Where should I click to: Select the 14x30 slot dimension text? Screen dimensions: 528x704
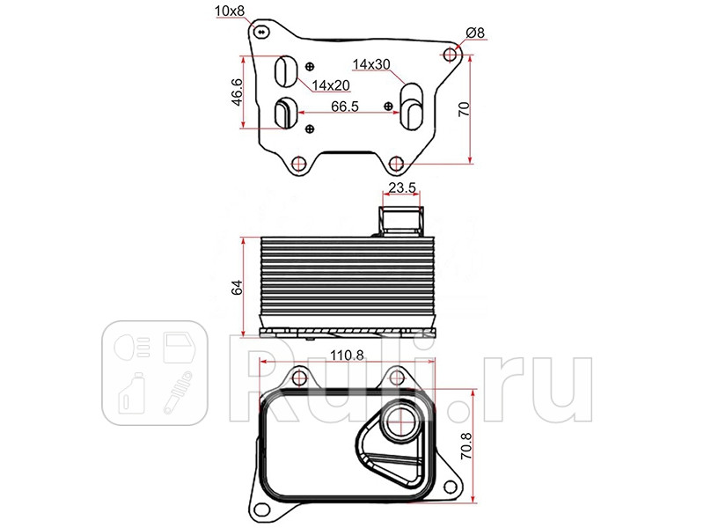pos(370,64)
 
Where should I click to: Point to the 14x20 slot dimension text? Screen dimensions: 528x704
pos(331,85)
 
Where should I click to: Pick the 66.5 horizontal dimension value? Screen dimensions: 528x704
pos(344,106)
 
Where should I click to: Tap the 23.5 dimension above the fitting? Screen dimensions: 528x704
pos(403,187)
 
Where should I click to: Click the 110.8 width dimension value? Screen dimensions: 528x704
pos(347,356)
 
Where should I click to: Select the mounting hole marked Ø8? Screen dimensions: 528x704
pos(451,55)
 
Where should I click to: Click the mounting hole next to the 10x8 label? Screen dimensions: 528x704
pos(260,33)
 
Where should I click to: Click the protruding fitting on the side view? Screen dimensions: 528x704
pos(400,217)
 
